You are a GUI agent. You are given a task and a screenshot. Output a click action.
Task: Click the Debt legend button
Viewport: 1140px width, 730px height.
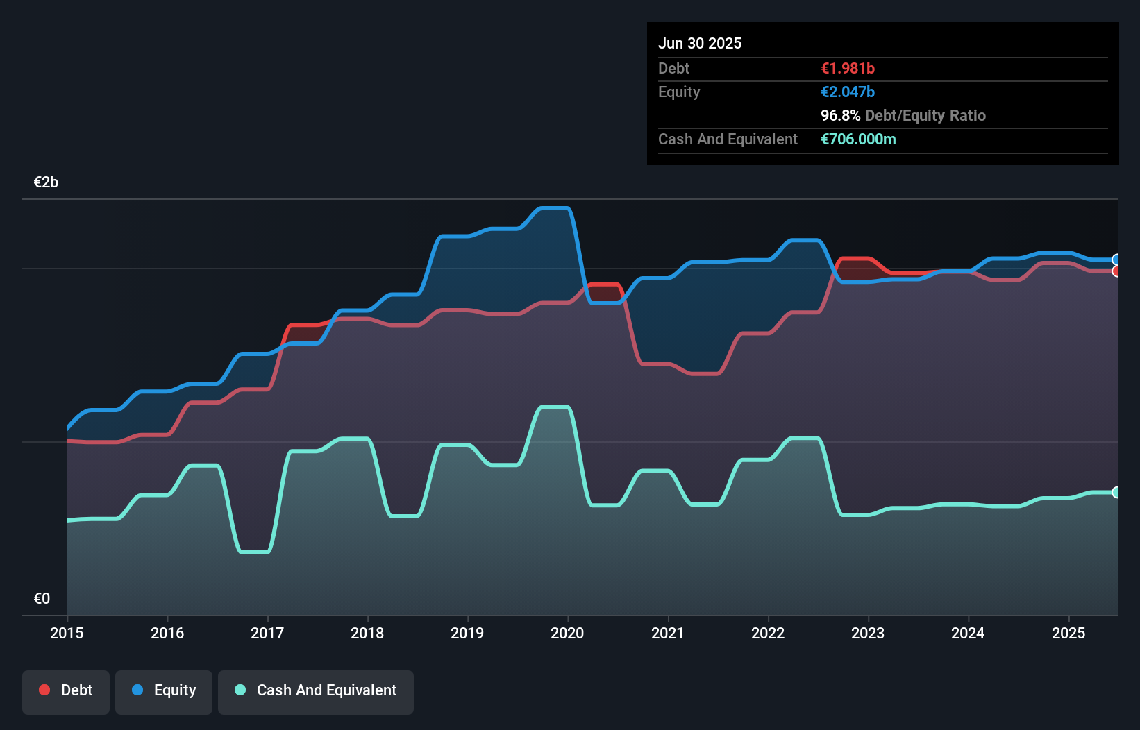[66, 690]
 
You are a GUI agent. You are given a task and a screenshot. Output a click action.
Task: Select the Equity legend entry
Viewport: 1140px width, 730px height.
[164, 690]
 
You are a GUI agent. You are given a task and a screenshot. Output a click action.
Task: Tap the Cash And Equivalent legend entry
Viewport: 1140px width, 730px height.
[316, 690]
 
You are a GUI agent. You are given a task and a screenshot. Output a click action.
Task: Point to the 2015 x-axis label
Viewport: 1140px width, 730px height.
[67, 633]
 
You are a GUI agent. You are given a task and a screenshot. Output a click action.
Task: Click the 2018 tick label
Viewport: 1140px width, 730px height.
[367, 633]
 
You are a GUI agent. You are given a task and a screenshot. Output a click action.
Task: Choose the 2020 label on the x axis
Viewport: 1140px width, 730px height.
[567, 633]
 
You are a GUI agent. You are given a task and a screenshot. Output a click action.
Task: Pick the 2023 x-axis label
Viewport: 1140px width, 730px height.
[868, 633]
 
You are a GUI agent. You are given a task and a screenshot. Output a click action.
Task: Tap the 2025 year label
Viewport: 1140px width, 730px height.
[1068, 633]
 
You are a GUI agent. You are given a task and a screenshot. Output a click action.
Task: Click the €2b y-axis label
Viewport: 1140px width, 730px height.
[46, 182]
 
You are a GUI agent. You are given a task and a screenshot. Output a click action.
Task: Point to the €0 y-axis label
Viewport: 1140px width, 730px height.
[42, 598]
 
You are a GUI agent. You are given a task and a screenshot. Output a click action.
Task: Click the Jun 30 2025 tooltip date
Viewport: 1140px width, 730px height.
[700, 43]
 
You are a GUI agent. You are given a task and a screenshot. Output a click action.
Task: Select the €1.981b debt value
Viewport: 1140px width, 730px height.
[848, 68]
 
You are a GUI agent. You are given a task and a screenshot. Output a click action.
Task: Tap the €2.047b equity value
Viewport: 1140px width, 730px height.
[848, 92]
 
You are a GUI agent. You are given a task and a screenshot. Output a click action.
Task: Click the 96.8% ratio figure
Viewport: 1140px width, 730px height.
[840, 115]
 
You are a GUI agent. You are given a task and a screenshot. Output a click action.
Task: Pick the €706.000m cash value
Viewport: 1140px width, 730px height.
[858, 139]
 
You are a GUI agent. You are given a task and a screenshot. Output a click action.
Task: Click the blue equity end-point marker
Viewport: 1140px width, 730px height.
[1116, 260]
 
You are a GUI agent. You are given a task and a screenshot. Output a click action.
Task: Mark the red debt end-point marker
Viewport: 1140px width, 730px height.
[1116, 271]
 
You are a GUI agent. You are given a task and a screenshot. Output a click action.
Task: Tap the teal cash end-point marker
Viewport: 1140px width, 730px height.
[1116, 492]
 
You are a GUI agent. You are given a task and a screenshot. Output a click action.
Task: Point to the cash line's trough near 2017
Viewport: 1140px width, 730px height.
[254, 552]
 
